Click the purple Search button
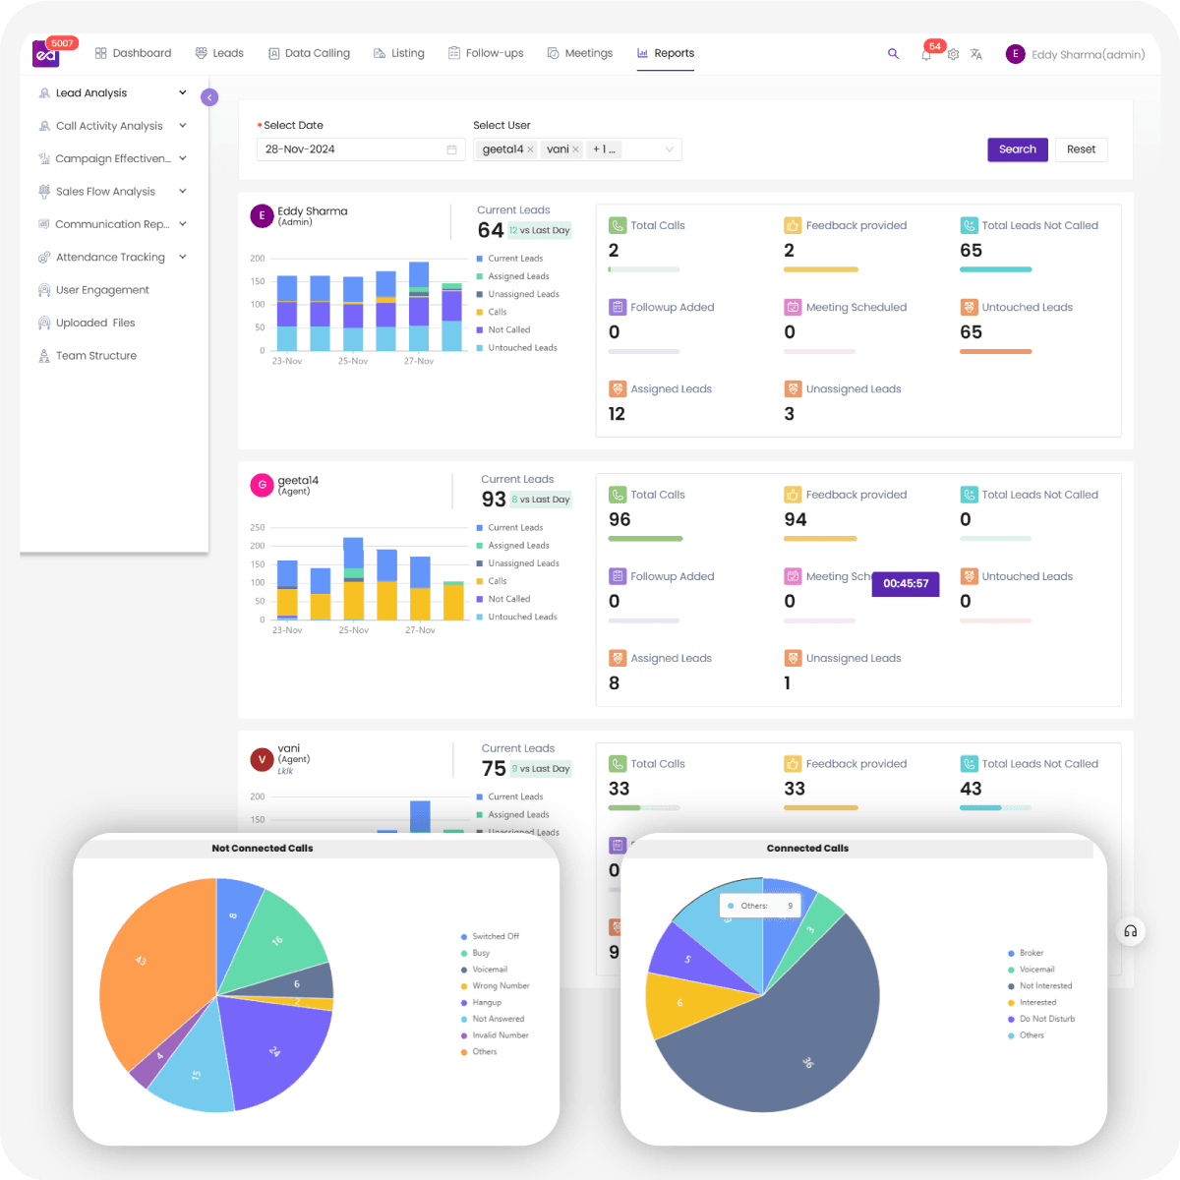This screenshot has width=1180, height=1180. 1017,149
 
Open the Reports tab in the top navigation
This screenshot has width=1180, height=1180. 666,53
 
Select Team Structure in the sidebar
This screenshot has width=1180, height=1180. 95,356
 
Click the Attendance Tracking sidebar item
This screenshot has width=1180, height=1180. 110,258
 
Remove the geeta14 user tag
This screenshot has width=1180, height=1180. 530,149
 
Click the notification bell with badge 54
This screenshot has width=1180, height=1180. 926,55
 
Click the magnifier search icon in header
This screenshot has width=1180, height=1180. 893,54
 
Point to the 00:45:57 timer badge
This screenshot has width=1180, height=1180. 906,584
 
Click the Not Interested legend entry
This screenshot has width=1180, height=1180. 1045,986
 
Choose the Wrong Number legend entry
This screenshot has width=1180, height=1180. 501,986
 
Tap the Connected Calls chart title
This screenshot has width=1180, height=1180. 807,848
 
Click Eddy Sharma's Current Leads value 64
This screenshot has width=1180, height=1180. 491,230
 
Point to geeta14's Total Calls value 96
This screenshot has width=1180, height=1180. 619,520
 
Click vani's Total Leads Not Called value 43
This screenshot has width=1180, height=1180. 971,789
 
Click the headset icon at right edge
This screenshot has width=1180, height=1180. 1131,931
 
